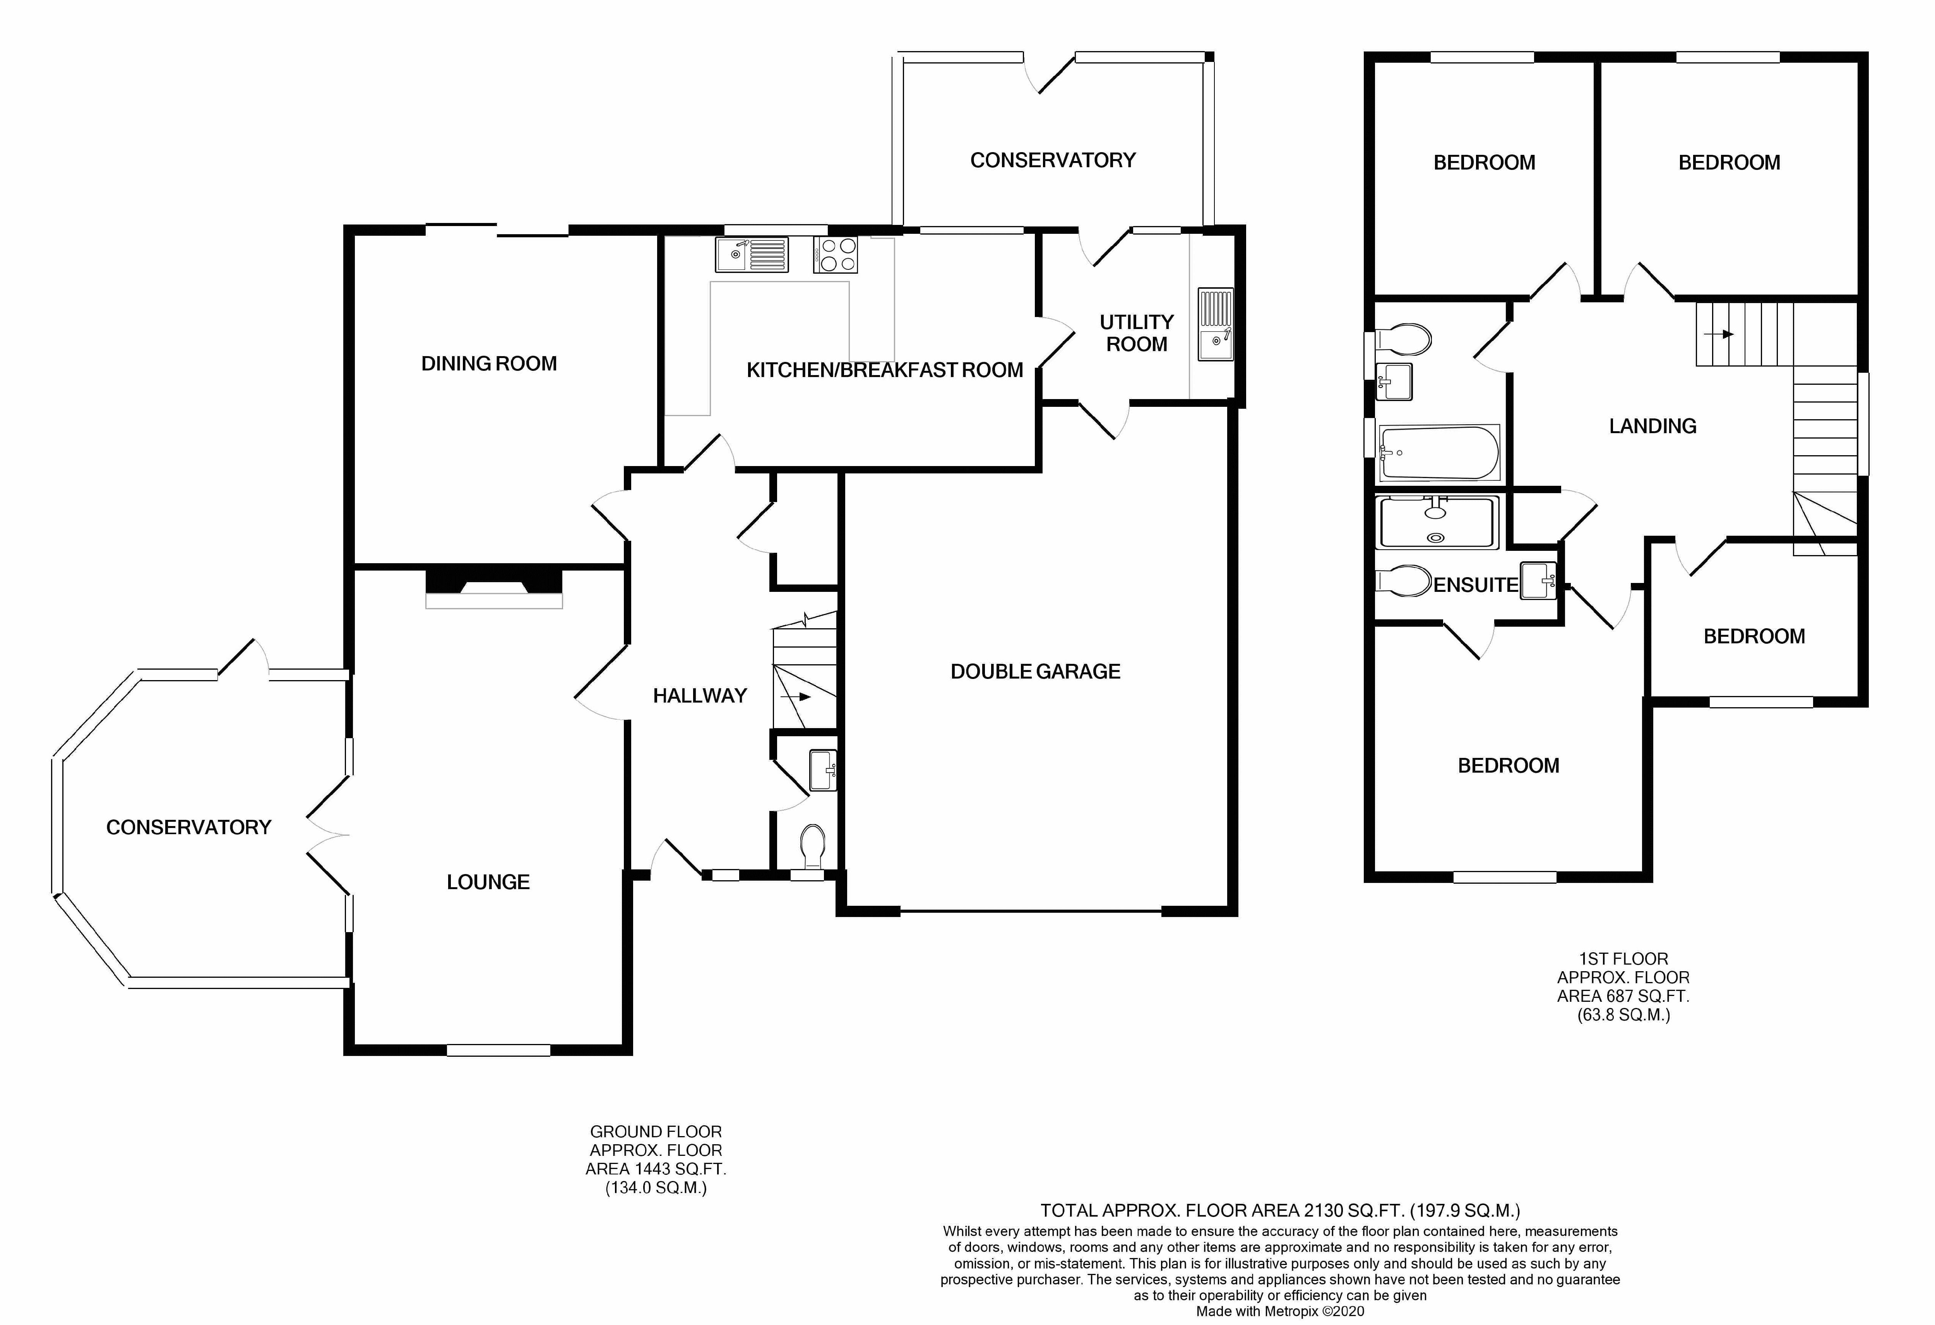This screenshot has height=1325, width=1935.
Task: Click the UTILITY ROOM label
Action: pos(1137,333)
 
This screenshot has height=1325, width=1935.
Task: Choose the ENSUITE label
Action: pos(1475,585)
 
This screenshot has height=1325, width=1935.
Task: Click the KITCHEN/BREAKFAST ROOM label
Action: pos(884,370)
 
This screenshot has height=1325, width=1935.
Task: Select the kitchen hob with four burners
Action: pos(835,255)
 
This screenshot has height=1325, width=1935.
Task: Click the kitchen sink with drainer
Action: pos(751,255)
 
